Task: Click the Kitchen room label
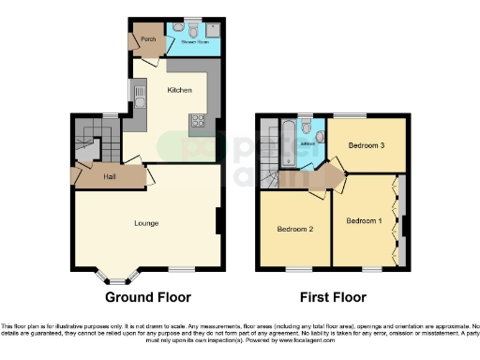(179, 90)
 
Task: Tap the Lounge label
(145, 223)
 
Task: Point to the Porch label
(147, 38)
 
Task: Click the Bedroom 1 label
(364, 221)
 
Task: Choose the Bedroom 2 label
(294, 229)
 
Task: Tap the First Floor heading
(332, 297)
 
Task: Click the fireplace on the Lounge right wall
(218, 221)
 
